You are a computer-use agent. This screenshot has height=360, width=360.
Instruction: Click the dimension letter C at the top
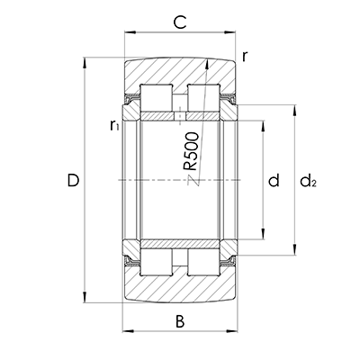[x=180, y=22]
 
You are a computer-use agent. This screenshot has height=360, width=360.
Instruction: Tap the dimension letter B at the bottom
[x=180, y=321]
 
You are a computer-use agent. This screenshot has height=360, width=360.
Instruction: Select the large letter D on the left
[x=73, y=180]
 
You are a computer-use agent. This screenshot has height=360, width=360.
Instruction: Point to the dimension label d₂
[x=309, y=181]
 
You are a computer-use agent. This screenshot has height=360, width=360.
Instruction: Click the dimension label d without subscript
[x=274, y=180]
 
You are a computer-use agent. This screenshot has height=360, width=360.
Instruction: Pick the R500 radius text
[x=191, y=151]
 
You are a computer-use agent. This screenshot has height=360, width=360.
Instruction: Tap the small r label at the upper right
[x=245, y=57]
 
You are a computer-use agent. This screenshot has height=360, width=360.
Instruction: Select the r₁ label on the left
[x=114, y=125]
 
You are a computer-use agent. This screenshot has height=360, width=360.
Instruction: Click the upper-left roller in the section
[x=157, y=98]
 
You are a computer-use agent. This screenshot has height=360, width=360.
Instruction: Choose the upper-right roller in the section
[x=203, y=98]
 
